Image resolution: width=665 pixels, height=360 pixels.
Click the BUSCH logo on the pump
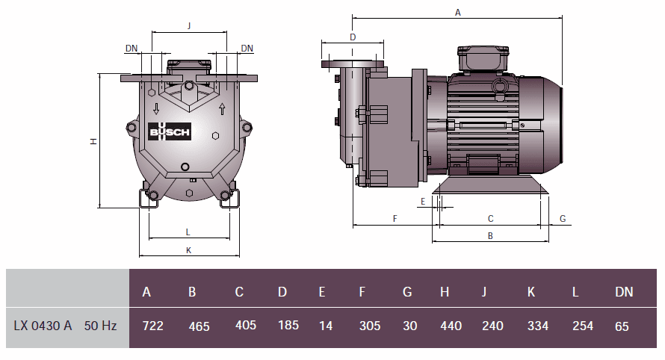pyautogui.click(x=170, y=133)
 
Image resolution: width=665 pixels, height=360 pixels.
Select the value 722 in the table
pyautogui.click(x=152, y=326)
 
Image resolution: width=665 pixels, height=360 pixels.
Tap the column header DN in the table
pyautogui.click(x=623, y=292)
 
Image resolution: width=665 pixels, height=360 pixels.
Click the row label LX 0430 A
pyautogui.click(x=43, y=326)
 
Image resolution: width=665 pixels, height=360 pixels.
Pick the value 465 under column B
pyautogui.click(x=199, y=326)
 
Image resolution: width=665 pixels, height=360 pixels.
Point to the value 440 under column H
pyautogui.click(x=451, y=326)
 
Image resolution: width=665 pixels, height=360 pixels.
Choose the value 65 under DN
pyautogui.click(x=622, y=326)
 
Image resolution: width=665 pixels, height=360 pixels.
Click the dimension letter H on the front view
pyautogui.click(x=93, y=141)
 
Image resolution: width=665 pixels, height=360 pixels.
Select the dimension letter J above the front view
pyautogui.click(x=189, y=25)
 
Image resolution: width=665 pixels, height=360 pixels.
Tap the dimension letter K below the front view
pyautogui.click(x=188, y=250)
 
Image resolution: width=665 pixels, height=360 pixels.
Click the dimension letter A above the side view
pyautogui.click(x=457, y=12)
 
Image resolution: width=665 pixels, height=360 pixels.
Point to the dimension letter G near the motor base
pyautogui.click(x=563, y=219)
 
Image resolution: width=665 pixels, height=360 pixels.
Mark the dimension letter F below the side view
pyautogui.click(x=395, y=218)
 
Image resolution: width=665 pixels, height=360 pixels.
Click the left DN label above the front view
pyautogui.click(x=132, y=48)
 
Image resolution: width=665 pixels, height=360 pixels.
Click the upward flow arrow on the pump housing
pyautogui.click(x=222, y=109)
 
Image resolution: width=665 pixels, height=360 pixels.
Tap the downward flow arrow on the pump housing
pyautogui.click(x=155, y=107)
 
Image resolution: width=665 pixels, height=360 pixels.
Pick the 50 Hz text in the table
pyautogui.click(x=100, y=326)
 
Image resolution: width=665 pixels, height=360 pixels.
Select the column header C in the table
pyautogui.click(x=239, y=292)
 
